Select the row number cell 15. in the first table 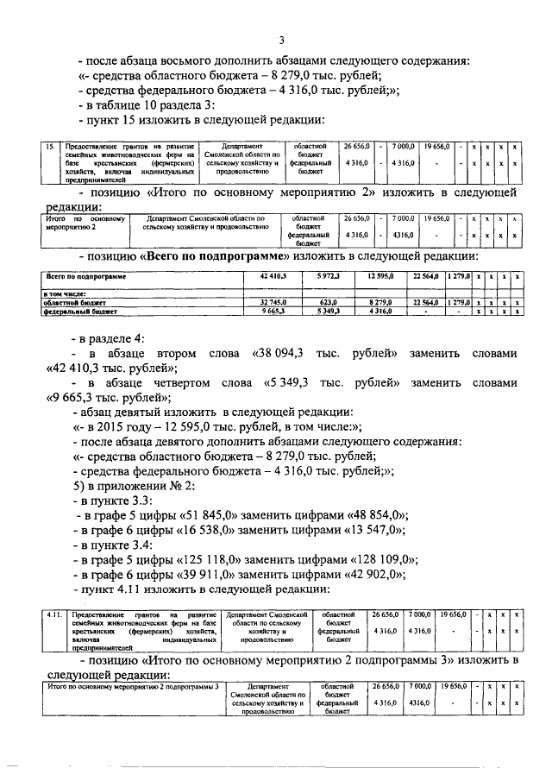click(50, 147)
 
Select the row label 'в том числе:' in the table click(64, 294)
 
